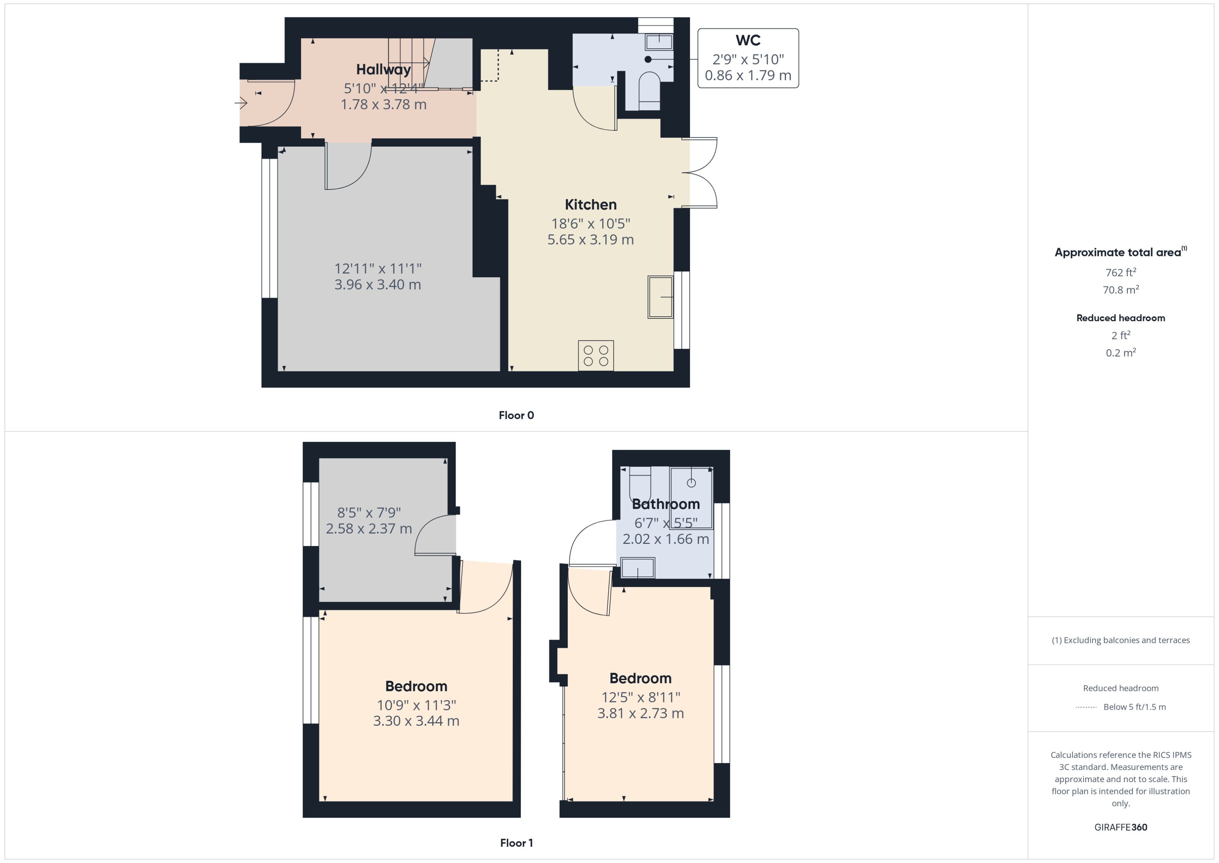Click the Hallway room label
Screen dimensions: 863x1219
[x=383, y=70]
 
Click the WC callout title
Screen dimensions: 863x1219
[x=747, y=40]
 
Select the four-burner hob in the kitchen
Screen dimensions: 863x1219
[x=596, y=355]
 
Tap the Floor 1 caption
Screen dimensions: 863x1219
[x=516, y=843]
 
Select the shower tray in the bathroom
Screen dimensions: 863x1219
[x=691, y=498]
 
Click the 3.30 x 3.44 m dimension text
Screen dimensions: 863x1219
[x=416, y=721]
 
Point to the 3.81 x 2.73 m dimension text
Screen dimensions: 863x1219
[x=640, y=713]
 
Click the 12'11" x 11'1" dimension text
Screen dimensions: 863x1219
[x=377, y=269]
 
